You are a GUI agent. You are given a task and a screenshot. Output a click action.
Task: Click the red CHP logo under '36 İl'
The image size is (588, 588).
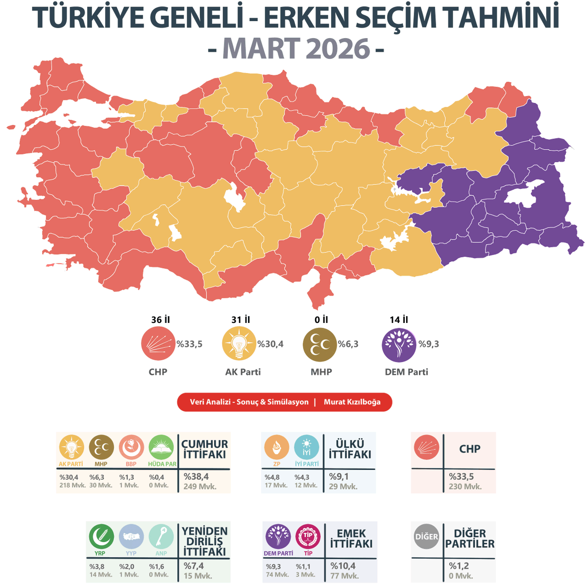[158, 344]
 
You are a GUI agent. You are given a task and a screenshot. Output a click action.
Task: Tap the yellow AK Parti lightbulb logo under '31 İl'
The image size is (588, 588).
[239, 344]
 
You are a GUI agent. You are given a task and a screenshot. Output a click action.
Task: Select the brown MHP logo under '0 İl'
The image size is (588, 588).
[320, 344]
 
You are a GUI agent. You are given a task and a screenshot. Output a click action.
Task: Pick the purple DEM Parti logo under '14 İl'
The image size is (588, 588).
[398, 344]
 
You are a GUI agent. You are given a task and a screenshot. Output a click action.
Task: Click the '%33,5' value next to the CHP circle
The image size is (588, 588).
[189, 344]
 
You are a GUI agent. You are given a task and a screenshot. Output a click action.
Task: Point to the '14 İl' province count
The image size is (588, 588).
[398, 319]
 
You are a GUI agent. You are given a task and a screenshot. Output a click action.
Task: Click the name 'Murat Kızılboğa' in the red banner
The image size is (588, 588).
[352, 402]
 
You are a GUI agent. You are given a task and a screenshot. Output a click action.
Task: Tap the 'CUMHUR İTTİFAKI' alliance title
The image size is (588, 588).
[204, 449]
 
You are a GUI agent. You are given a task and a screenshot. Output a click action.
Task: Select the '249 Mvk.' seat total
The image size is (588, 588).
[200, 487]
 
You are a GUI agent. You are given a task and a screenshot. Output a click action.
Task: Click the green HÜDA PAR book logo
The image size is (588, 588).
[161, 447]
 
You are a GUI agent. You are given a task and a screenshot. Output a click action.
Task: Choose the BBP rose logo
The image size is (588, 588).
[131, 447]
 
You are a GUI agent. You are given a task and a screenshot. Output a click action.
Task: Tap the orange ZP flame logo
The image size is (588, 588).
[276, 447]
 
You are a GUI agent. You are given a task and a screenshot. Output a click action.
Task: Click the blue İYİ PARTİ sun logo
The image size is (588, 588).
[306, 447]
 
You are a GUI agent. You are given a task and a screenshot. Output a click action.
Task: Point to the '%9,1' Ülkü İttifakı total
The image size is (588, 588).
[339, 476]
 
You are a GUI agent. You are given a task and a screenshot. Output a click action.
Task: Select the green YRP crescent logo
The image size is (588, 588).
[101, 537]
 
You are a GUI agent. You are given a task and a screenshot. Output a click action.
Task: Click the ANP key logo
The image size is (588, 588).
[161, 537]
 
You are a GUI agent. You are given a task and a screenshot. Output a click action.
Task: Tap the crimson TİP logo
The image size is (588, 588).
[308, 537]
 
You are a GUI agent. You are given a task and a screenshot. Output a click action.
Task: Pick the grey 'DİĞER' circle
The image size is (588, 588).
[426, 537]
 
